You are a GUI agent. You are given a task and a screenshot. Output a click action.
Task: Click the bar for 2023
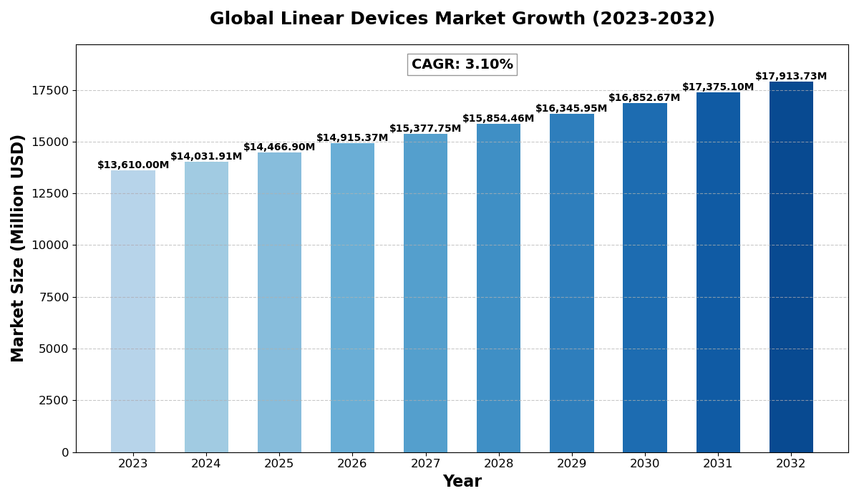point(133,311)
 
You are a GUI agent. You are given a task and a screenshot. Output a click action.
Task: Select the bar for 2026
point(352,298)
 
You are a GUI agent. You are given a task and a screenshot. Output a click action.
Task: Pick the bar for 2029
point(572,283)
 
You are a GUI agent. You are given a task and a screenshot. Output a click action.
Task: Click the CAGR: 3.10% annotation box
point(462,64)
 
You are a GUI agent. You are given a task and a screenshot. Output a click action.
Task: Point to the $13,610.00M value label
point(133,165)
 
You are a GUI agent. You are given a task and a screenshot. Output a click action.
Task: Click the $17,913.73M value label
point(791,77)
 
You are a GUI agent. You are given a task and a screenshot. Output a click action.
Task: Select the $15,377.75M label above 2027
point(425,129)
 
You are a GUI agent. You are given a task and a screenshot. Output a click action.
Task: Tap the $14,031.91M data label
point(206,157)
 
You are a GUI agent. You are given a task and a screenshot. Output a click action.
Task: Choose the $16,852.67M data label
point(644,98)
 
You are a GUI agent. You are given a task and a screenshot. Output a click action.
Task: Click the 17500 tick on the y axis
point(50,90)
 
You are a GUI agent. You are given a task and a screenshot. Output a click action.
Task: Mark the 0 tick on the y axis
point(65,452)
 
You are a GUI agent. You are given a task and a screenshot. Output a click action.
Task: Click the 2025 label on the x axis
point(279,464)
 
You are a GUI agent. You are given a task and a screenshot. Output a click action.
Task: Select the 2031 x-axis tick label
point(718,464)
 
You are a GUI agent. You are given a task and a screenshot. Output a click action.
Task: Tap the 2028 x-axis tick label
point(499,464)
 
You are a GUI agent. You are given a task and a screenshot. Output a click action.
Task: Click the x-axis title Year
point(462,482)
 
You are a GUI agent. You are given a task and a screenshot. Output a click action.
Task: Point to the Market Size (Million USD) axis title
point(18,248)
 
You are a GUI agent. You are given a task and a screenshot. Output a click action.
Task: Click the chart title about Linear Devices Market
point(462,19)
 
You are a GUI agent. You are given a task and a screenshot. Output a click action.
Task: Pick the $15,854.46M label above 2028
point(498,119)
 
